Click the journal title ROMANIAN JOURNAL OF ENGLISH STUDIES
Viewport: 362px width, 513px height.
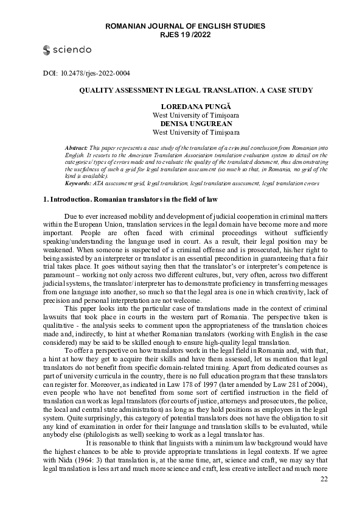186,27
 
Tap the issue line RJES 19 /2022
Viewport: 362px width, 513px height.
186,35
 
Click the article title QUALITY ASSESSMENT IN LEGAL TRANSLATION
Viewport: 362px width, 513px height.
195,90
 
